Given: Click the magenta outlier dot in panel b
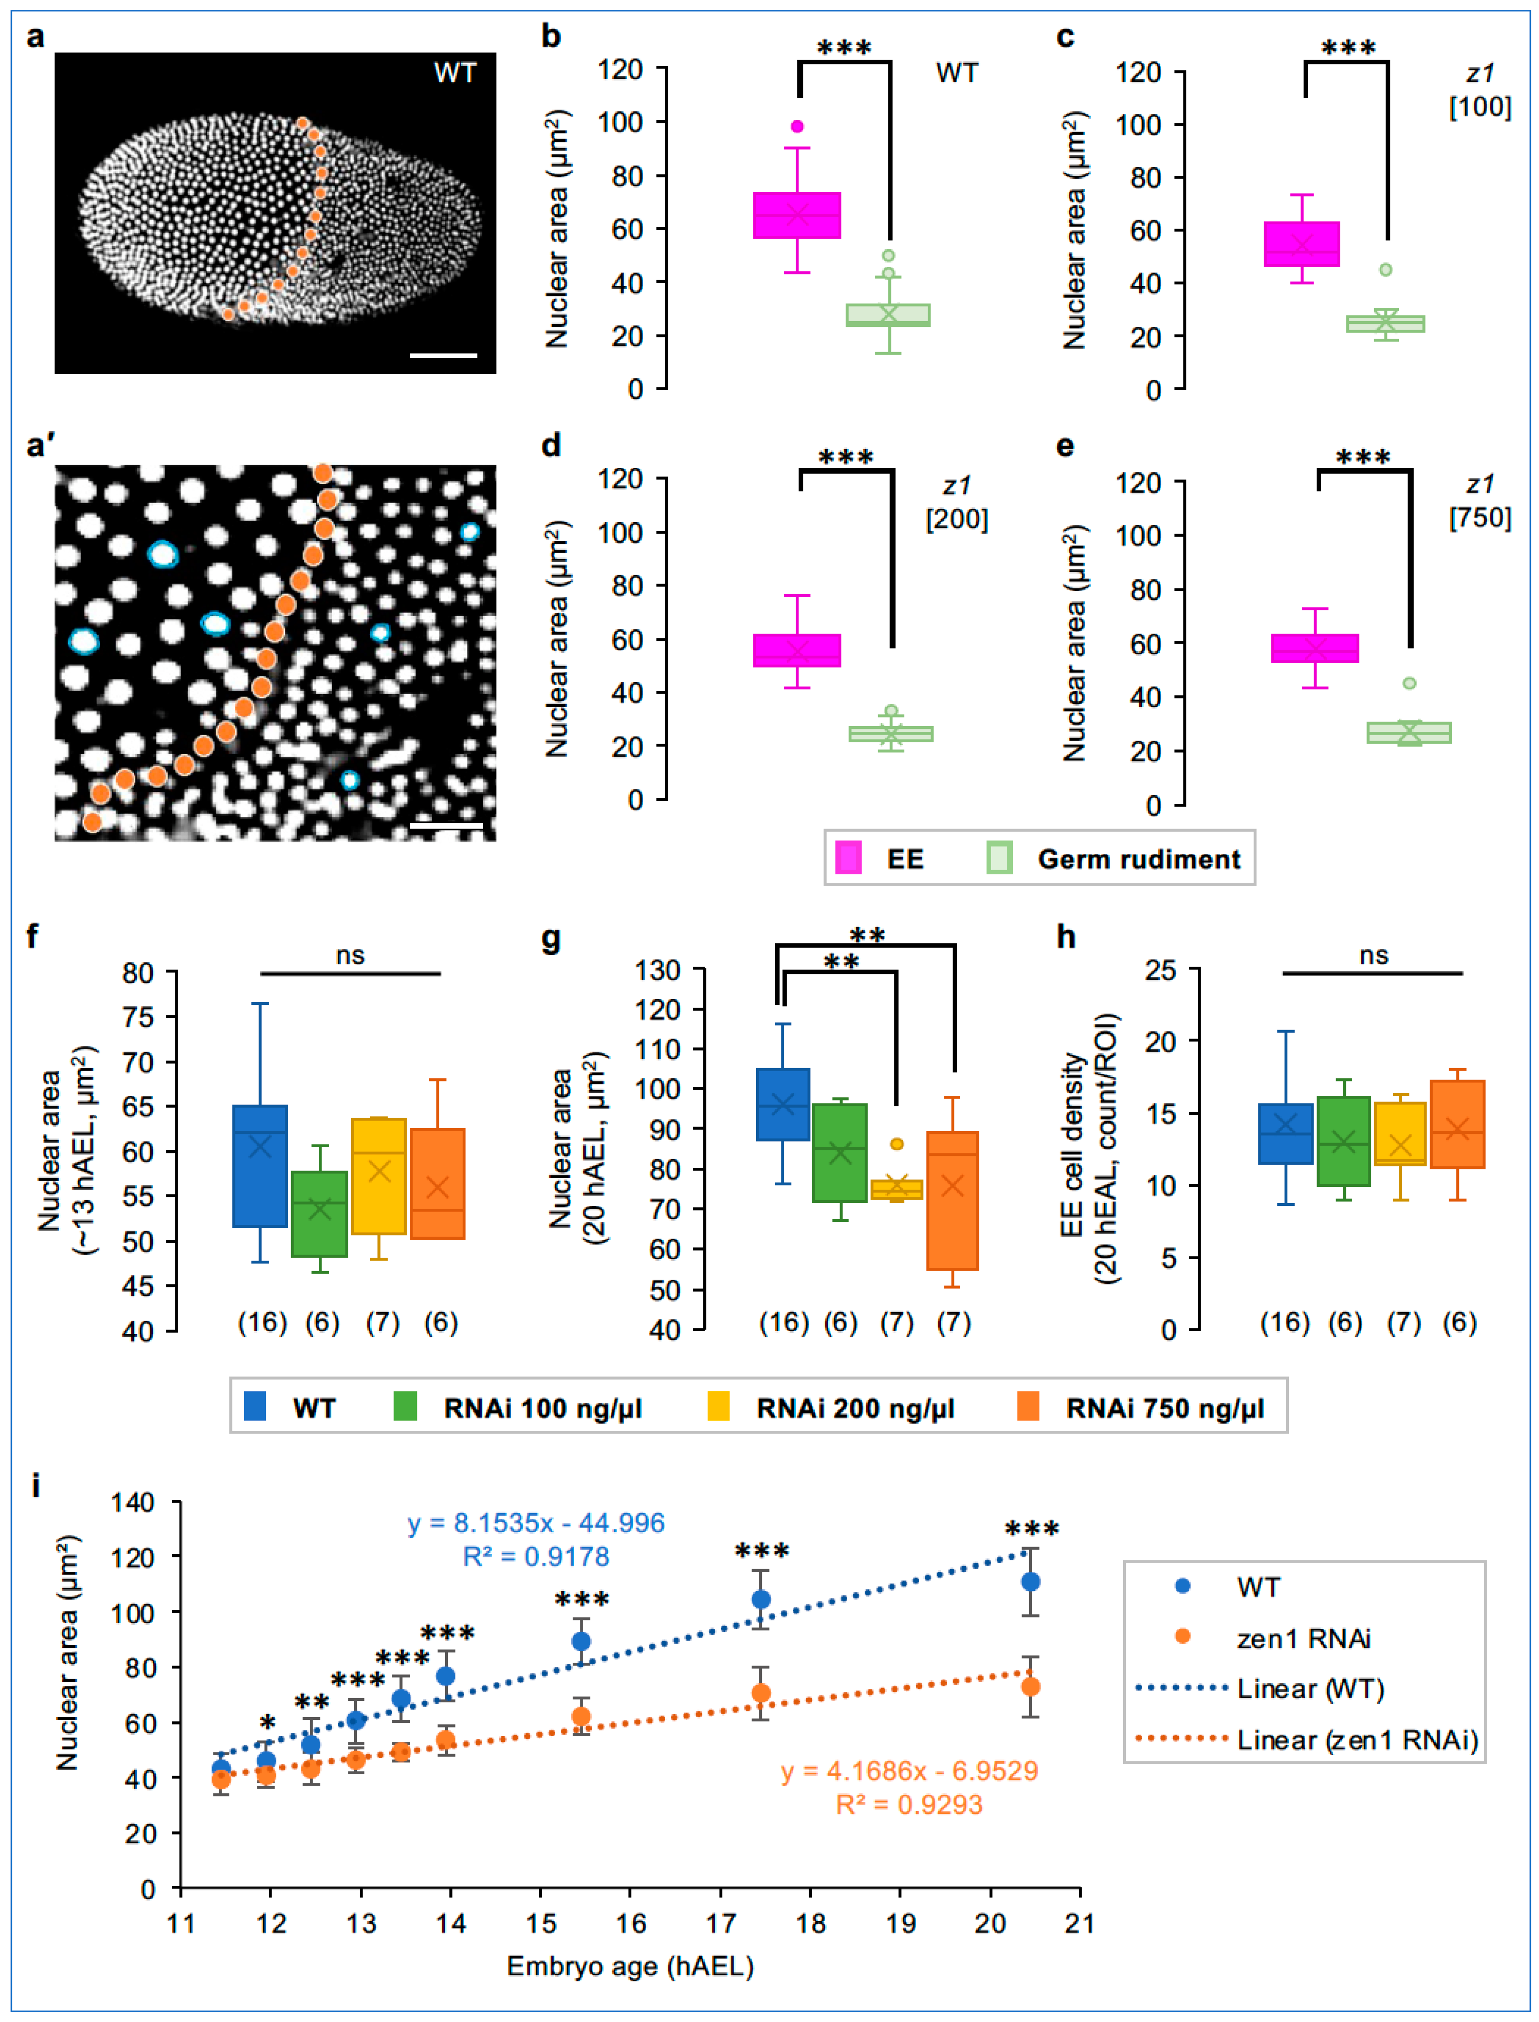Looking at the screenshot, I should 797,126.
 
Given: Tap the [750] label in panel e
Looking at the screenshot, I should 1479,517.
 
